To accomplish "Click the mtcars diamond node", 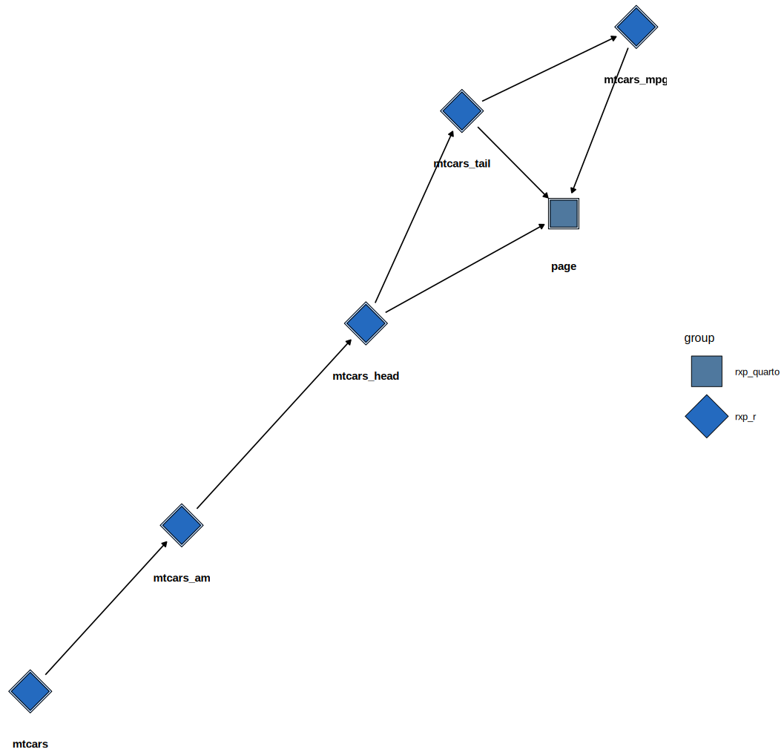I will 30,691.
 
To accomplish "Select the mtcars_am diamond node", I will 182,525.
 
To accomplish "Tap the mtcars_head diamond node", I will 366,323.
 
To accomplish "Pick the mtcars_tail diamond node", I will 462,111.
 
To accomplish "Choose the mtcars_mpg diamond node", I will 636,27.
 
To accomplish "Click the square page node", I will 564,214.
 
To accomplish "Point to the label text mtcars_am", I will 182,578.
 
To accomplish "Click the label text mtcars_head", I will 366,376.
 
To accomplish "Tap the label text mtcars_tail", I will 462,164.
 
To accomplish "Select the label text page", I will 564,266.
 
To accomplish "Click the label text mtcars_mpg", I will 635,79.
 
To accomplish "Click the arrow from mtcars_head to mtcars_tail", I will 414,217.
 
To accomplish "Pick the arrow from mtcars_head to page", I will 465,268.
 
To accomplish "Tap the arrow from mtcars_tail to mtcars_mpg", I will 549,69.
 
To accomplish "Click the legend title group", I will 699,338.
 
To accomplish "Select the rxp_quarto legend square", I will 706,372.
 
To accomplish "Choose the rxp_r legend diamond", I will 706,416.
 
